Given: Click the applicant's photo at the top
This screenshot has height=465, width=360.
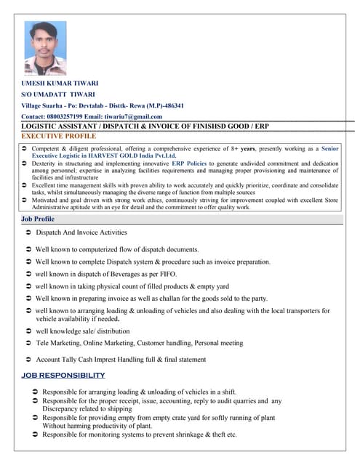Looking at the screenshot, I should coord(45,44).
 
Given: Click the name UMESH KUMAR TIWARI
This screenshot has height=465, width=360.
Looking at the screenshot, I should coord(60,83).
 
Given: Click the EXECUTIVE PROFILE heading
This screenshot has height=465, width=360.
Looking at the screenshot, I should coord(59,136).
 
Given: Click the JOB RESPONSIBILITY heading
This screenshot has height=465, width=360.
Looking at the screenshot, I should coord(63,375).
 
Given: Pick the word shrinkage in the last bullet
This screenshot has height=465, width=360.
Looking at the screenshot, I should coord(188,434).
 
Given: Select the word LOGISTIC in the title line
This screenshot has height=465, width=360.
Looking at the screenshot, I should coord(44,126).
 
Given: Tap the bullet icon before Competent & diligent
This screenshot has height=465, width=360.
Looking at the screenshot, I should coord(25,148).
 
